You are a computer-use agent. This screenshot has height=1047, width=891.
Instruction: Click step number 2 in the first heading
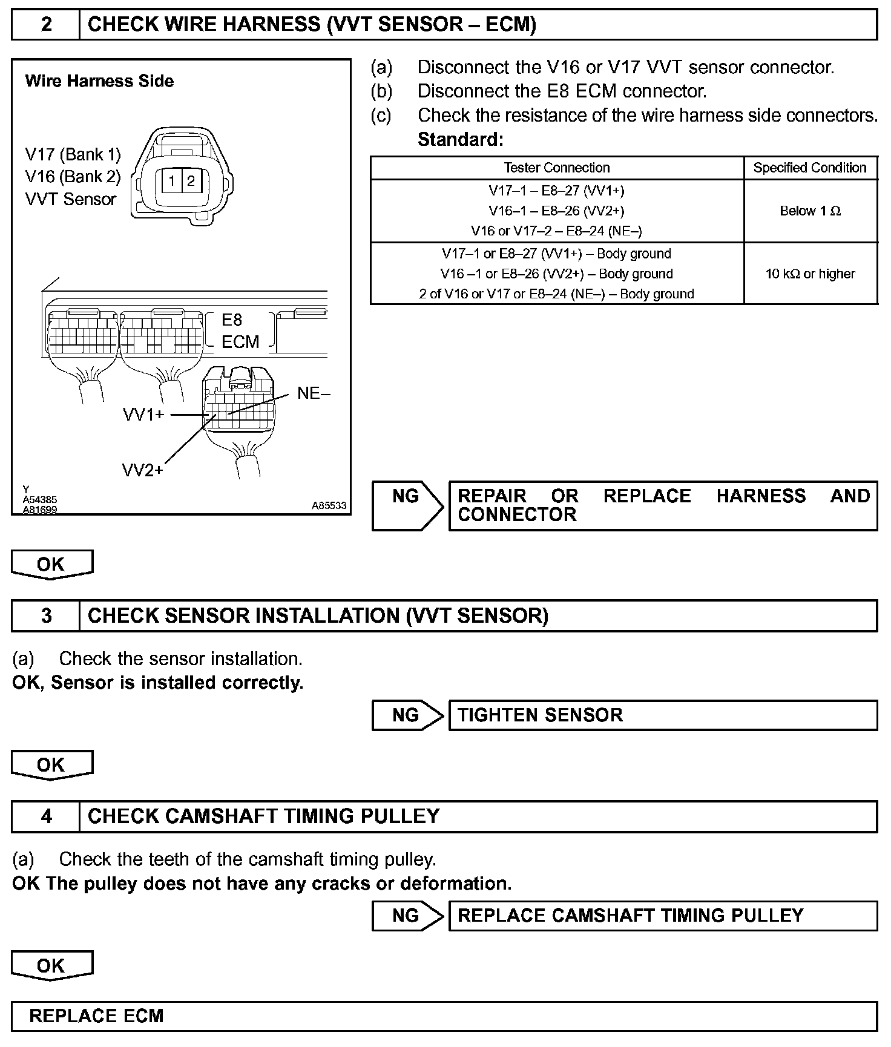pyautogui.click(x=46, y=24)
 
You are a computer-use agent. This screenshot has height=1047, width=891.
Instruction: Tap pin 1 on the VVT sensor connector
pyautogui.click(x=173, y=181)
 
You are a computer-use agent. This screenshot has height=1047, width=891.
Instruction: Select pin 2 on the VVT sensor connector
pyautogui.click(x=191, y=181)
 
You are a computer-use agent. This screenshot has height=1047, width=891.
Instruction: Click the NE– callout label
pyautogui.click(x=314, y=393)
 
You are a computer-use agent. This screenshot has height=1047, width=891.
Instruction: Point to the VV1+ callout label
pyautogui.click(x=143, y=415)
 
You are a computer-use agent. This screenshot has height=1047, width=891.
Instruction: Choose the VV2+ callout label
pyautogui.click(x=143, y=470)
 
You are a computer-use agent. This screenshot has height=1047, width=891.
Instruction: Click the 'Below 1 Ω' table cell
pyautogui.click(x=810, y=211)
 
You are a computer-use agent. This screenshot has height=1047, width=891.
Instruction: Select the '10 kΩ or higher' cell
pyautogui.click(x=810, y=274)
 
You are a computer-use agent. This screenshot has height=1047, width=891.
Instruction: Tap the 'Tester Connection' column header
pyautogui.click(x=557, y=168)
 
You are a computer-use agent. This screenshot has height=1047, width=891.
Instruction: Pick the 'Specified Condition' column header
pyautogui.click(x=810, y=168)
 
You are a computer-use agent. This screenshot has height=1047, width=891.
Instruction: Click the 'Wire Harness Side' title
pyautogui.click(x=99, y=81)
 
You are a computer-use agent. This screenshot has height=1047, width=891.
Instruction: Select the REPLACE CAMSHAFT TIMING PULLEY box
pyautogui.click(x=662, y=915)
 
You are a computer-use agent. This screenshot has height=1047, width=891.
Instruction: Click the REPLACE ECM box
pyautogui.click(x=444, y=1016)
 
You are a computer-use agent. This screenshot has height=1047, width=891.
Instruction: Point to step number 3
pyautogui.click(x=46, y=615)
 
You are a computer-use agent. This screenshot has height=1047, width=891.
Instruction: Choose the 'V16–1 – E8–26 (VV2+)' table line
pyautogui.click(x=556, y=211)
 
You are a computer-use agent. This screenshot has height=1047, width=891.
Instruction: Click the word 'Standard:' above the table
pyautogui.click(x=461, y=140)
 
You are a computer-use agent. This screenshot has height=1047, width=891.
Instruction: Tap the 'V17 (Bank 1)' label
pyautogui.click(x=73, y=155)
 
